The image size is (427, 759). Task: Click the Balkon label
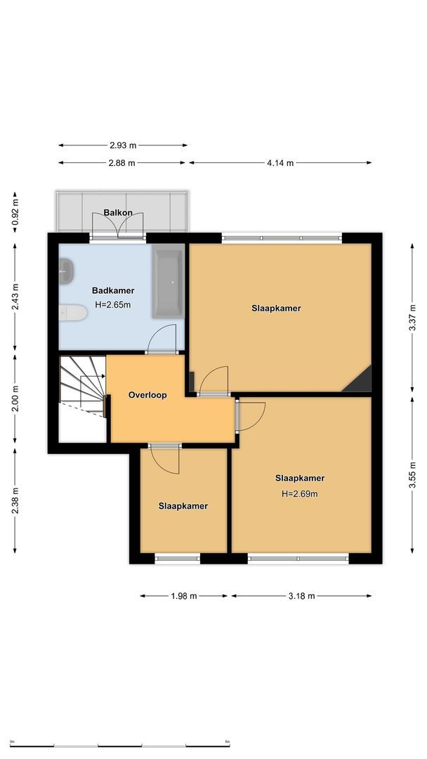click(118, 212)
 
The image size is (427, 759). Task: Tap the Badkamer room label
click(113, 290)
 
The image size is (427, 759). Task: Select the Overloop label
click(147, 395)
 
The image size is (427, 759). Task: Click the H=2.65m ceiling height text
click(113, 305)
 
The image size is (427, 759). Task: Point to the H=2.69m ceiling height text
click(300, 493)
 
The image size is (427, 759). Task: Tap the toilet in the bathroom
click(72, 313)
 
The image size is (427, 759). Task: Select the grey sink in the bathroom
click(66, 271)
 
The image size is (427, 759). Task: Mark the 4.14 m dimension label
click(280, 163)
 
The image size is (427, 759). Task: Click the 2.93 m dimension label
click(123, 145)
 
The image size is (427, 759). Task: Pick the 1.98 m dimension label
click(184, 596)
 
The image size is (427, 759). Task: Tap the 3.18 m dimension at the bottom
click(301, 596)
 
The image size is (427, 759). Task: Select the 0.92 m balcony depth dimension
click(15, 210)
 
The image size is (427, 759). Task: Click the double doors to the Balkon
click(118, 226)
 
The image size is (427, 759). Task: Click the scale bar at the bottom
click(120, 744)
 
